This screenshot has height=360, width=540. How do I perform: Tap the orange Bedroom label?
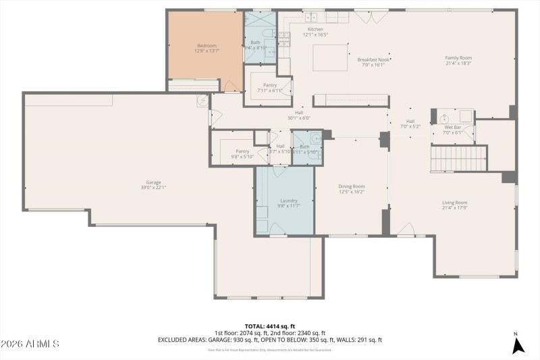click(x=207, y=48)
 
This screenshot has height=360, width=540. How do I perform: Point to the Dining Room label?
click(x=351, y=188)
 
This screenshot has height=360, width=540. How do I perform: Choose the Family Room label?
click(x=458, y=61)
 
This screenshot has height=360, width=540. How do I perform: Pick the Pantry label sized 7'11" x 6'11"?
click(x=270, y=87)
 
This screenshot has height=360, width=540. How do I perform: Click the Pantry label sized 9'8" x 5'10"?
click(x=242, y=153)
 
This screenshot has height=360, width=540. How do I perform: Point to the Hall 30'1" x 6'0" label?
click(x=299, y=115)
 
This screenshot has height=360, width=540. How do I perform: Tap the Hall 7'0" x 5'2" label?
click(x=410, y=124)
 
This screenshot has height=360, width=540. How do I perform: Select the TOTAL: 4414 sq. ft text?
click(x=269, y=326)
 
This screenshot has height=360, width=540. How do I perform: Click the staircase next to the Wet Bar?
click(x=458, y=159)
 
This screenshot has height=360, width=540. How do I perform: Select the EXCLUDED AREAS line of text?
click(x=269, y=340)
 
